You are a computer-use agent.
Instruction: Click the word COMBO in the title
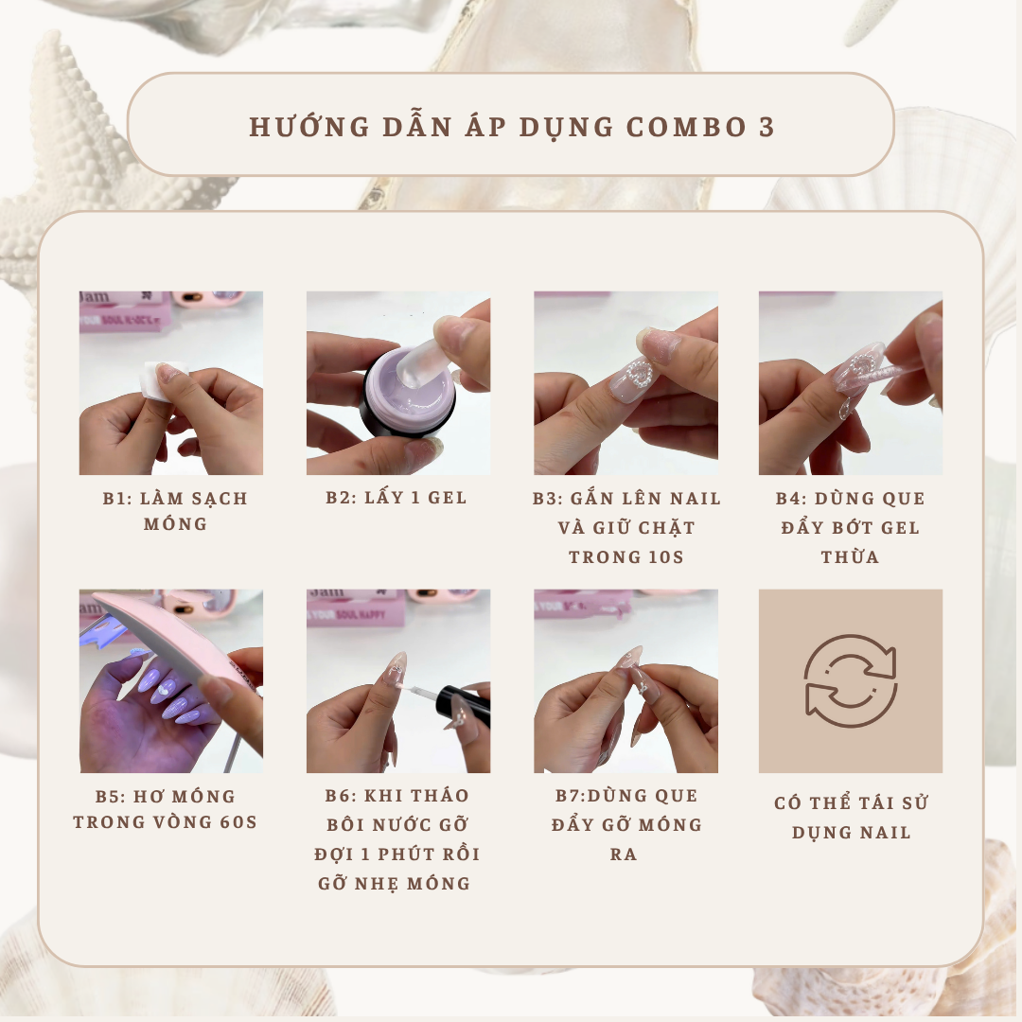pos(686,127)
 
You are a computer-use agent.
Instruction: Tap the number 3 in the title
pos(766,127)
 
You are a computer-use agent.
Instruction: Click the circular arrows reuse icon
pos(850,680)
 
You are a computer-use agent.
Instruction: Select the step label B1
pos(117,499)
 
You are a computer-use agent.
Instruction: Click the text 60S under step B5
pos(238,822)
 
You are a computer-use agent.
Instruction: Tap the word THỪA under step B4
pos(850,556)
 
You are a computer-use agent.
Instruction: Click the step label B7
pos(570,796)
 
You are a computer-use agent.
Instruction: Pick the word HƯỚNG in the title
pos(309,127)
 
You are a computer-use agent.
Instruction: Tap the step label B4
pos(791,499)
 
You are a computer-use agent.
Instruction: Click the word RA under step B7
pos(623,854)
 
